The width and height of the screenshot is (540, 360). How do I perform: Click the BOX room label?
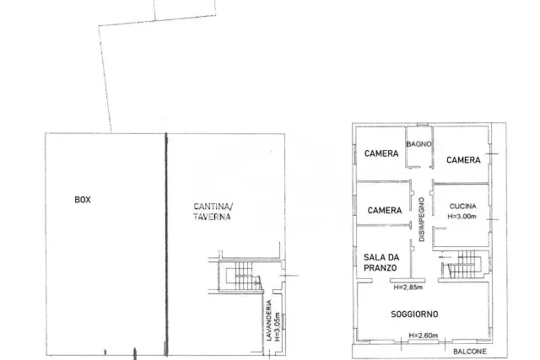(x=83, y=200)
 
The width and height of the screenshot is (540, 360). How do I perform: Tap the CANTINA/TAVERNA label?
(x=213, y=212)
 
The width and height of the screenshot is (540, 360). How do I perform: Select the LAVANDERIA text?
(x=269, y=320)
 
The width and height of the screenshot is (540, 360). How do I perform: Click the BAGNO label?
(x=418, y=144)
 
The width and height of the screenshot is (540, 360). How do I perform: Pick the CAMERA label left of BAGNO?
(x=381, y=153)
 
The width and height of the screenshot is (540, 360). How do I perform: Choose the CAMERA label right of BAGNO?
(x=463, y=160)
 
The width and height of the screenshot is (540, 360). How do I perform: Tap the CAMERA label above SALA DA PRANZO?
(x=385, y=210)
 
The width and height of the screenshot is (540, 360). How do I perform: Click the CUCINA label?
(x=463, y=207)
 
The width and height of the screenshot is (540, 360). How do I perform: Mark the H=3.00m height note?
(x=462, y=217)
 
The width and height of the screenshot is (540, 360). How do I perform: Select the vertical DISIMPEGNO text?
(x=422, y=219)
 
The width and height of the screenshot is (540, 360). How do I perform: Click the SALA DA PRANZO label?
(x=381, y=262)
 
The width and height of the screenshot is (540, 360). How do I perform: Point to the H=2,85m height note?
(x=408, y=287)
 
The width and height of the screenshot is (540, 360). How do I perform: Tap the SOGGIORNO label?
(x=414, y=314)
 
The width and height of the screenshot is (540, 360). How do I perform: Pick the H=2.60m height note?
(x=424, y=336)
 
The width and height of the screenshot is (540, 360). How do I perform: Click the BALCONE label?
(x=470, y=352)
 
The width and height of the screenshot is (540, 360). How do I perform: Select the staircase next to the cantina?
(x=243, y=276)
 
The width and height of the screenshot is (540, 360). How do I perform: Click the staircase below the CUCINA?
(x=464, y=265)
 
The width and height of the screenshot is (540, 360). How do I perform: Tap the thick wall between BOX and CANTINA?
(x=166, y=244)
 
